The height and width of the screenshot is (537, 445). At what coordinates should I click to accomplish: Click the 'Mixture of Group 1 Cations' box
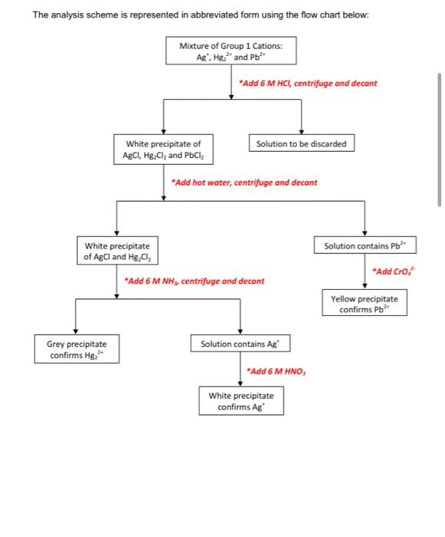[x=231, y=51]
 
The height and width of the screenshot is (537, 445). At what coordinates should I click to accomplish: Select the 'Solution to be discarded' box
[x=301, y=143]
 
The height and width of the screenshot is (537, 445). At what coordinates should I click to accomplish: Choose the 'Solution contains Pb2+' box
[x=365, y=245]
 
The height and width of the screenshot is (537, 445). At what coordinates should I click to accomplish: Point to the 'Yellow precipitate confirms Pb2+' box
[x=365, y=303]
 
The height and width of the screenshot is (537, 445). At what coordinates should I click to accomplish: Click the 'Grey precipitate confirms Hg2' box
[x=77, y=350]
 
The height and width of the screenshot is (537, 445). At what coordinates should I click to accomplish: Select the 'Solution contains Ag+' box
[x=240, y=344]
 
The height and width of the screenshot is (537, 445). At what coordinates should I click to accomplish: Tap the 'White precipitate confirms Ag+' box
[x=240, y=400]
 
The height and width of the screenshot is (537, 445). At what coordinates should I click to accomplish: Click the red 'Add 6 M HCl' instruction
[x=307, y=82]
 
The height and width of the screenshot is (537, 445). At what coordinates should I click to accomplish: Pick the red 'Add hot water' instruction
[x=244, y=183]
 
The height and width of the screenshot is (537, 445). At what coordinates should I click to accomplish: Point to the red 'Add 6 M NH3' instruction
[x=194, y=281]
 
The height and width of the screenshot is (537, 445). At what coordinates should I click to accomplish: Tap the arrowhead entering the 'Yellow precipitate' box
[x=365, y=286]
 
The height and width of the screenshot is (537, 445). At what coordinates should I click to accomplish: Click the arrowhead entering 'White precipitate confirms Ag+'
[x=240, y=383]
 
